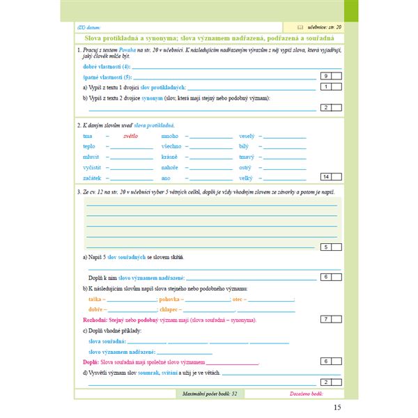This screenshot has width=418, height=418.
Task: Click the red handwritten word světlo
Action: click(130, 136)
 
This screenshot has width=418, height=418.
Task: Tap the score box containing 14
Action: click(326, 178)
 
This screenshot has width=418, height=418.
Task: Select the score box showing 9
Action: click(326, 76)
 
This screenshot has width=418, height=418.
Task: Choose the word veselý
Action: click(247, 136)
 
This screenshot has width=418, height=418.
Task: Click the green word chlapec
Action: click(169, 309)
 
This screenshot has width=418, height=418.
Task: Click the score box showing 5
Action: click(326, 247)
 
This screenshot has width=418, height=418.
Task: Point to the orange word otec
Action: click(240, 298)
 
